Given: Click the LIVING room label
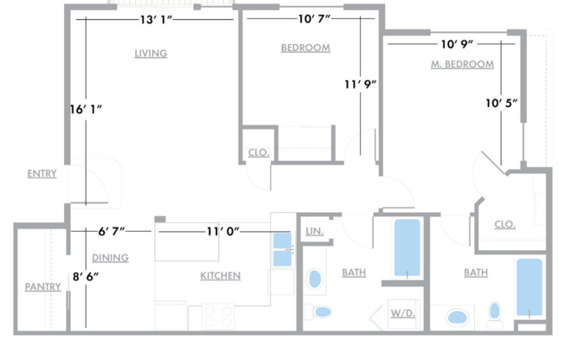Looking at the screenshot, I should coord(151,54).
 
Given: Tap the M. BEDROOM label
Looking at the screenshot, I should coord(462,64).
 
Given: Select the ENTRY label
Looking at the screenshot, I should coord(42,174).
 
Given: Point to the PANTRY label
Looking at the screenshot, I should coord(42,286).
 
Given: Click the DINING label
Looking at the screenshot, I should coord(111,258).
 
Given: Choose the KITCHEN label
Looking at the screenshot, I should coord(221,276).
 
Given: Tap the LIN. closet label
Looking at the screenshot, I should coord(315,231).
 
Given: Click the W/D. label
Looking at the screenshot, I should coord(401,312).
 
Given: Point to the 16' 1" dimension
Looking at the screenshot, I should coord(87,110).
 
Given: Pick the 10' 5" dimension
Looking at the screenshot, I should coord(502,103).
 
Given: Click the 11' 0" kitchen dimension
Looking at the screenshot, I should coord(223,231).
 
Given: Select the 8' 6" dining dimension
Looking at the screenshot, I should coord(87,277).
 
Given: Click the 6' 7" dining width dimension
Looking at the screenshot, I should coord(112,231).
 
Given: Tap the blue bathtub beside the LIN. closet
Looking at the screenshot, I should coord(407,247).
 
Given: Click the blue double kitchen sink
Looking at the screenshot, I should coord(283,249).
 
